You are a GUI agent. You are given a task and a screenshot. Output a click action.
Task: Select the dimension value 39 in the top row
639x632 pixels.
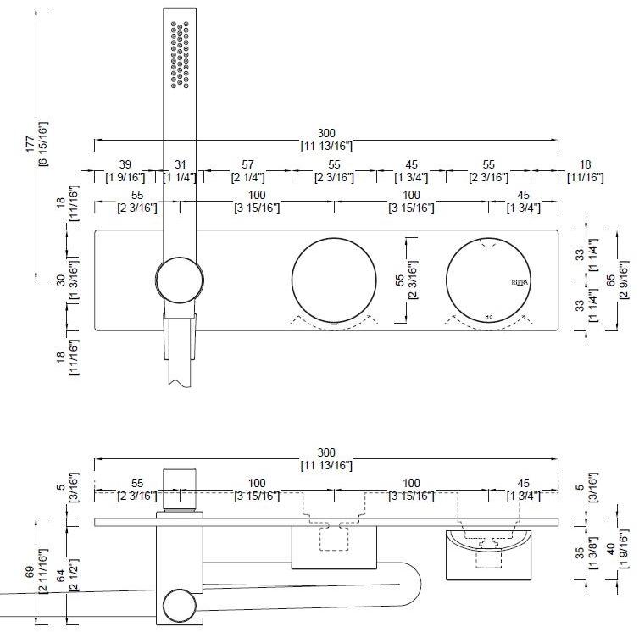[x=125, y=164]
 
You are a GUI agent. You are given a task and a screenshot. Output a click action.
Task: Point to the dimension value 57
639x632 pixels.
[x=247, y=164]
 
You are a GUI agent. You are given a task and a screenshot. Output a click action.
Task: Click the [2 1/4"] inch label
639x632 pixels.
[x=247, y=177]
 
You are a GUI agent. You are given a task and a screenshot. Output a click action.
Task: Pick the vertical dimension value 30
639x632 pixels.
[x=61, y=280]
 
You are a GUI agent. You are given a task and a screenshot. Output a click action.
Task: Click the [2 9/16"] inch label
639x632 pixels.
[x=625, y=280]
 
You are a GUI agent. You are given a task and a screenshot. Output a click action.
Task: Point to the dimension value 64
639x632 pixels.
[x=61, y=574]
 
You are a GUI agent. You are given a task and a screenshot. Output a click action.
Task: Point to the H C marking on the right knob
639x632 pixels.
[x=489, y=316]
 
